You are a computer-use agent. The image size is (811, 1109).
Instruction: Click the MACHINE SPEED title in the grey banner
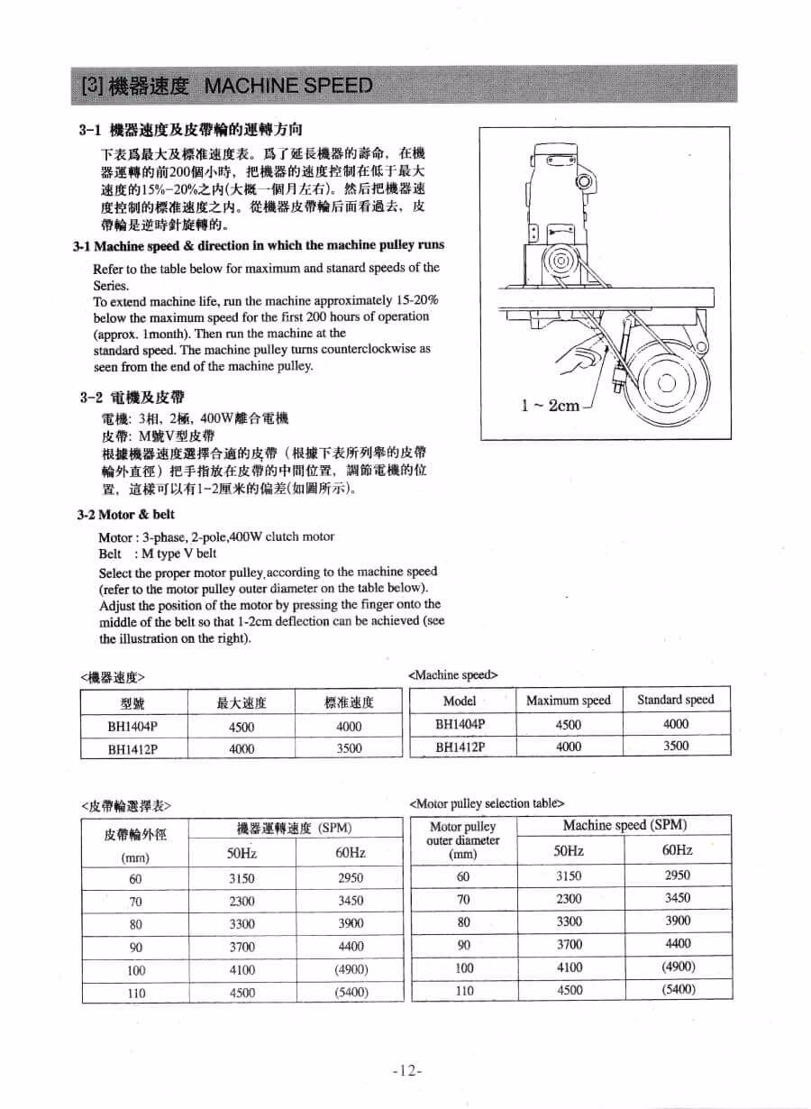tap(288, 86)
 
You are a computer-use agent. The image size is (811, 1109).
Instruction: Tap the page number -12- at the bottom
tap(407, 1070)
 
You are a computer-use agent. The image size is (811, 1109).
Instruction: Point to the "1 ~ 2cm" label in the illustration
tap(551, 405)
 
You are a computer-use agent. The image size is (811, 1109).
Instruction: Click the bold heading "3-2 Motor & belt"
tap(126, 515)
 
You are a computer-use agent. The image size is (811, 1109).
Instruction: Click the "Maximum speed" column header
tap(568, 701)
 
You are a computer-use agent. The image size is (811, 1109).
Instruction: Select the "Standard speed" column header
tap(675, 700)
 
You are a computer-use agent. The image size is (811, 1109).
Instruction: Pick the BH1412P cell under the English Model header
tap(460, 747)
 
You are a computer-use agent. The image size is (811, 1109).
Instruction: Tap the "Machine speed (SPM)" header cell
tap(624, 825)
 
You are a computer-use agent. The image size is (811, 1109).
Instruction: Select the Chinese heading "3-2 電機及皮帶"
tap(135, 398)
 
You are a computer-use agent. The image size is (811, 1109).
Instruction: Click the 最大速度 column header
tap(241, 703)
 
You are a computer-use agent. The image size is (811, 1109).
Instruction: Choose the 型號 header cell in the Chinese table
tap(133, 703)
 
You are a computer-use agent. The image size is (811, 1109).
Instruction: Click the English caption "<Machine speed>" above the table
tap(453, 674)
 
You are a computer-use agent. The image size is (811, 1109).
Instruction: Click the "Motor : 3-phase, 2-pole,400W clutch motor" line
tap(216, 536)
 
